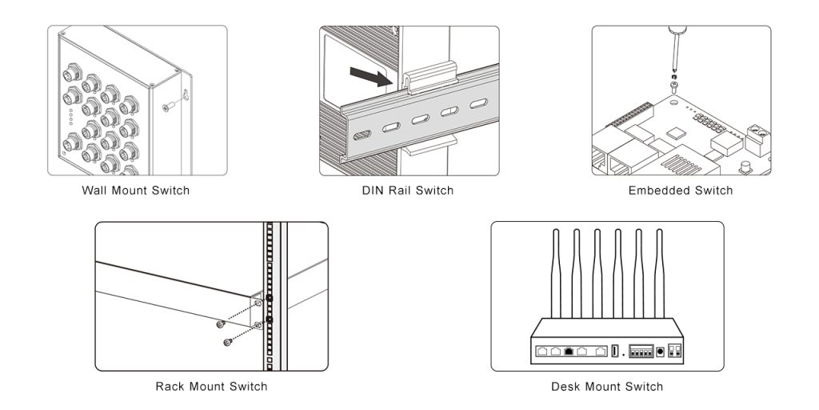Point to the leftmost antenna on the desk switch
coord(555,272)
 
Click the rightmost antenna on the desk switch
coord(659,272)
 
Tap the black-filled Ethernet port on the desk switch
coord(568,351)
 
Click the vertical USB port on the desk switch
coord(614,352)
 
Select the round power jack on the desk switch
coord(660,352)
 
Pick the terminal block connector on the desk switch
coord(640,351)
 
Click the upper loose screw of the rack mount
coord(220,324)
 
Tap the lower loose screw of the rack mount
coord(228,342)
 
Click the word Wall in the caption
coord(95,191)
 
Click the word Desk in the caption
coord(565,387)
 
